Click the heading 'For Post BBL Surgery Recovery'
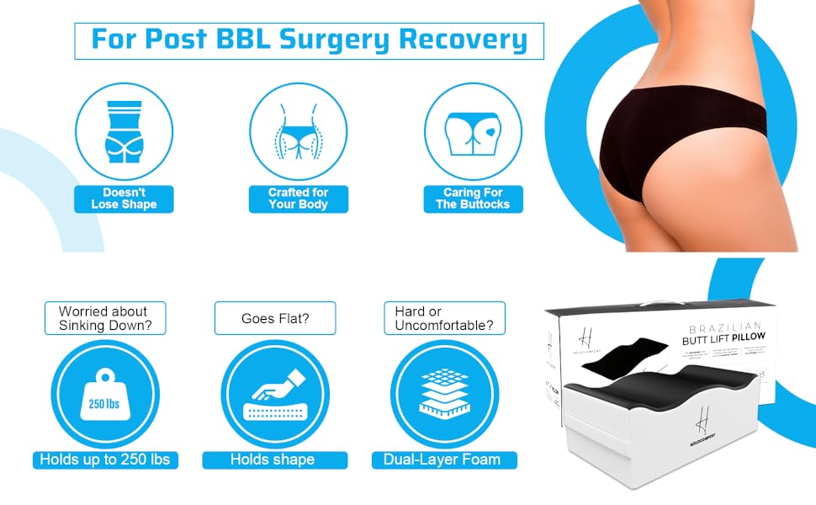pyautogui.click(x=309, y=40)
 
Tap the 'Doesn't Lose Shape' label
pyautogui.click(x=124, y=199)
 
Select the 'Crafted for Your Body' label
pyautogui.click(x=298, y=199)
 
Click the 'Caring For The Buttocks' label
pyautogui.click(x=474, y=199)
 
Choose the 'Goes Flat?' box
pyautogui.click(x=275, y=318)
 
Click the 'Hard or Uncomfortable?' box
pyautogui.click(x=444, y=318)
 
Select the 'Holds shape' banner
pyautogui.click(x=274, y=460)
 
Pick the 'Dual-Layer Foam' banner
pyautogui.click(x=444, y=460)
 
